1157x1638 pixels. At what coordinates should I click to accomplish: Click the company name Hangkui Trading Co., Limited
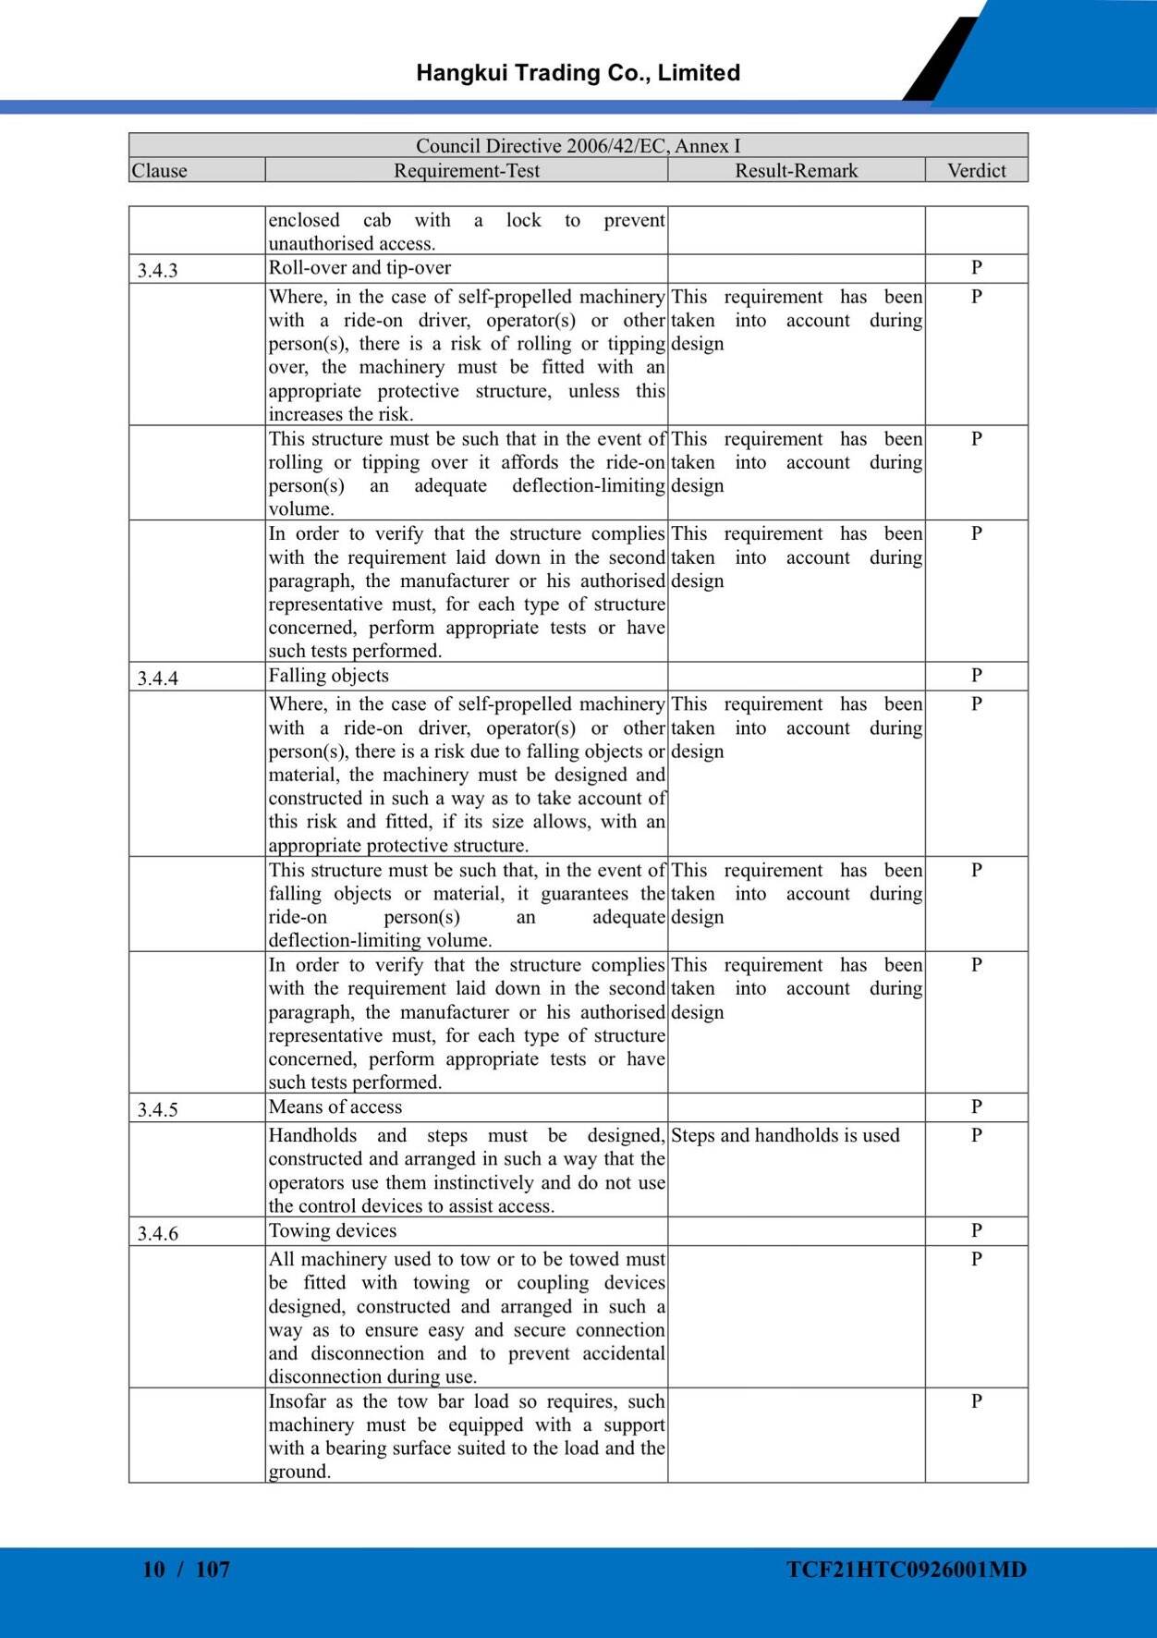[x=578, y=73]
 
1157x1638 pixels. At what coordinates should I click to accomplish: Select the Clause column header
[x=159, y=171]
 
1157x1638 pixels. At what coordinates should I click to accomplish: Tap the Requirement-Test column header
[x=467, y=171]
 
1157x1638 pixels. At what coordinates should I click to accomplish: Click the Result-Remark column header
[x=796, y=171]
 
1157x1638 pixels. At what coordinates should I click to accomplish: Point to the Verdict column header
[x=976, y=171]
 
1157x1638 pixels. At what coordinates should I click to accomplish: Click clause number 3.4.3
[x=158, y=271]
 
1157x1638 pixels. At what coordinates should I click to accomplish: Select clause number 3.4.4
[x=158, y=678]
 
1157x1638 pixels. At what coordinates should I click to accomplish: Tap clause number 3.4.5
[x=158, y=1110]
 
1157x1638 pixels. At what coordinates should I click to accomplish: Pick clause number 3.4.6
[x=158, y=1234]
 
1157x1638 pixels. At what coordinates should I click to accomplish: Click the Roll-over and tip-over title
[x=359, y=268]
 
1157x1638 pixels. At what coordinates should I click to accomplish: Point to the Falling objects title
[x=328, y=676]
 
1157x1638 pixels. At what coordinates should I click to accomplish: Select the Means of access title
[x=335, y=1107]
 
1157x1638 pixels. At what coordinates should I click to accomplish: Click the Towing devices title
[x=333, y=1231]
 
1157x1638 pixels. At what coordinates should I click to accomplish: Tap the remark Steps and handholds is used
[x=785, y=1136]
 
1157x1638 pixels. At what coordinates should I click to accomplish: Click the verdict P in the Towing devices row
[x=976, y=1231]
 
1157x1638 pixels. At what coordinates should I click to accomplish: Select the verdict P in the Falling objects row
[x=976, y=676]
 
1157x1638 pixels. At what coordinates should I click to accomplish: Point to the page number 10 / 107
[x=186, y=1570]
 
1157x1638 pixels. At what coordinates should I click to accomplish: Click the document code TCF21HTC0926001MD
[x=907, y=1570]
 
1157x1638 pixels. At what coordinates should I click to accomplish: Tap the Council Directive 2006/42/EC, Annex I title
[x=578, y=146]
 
